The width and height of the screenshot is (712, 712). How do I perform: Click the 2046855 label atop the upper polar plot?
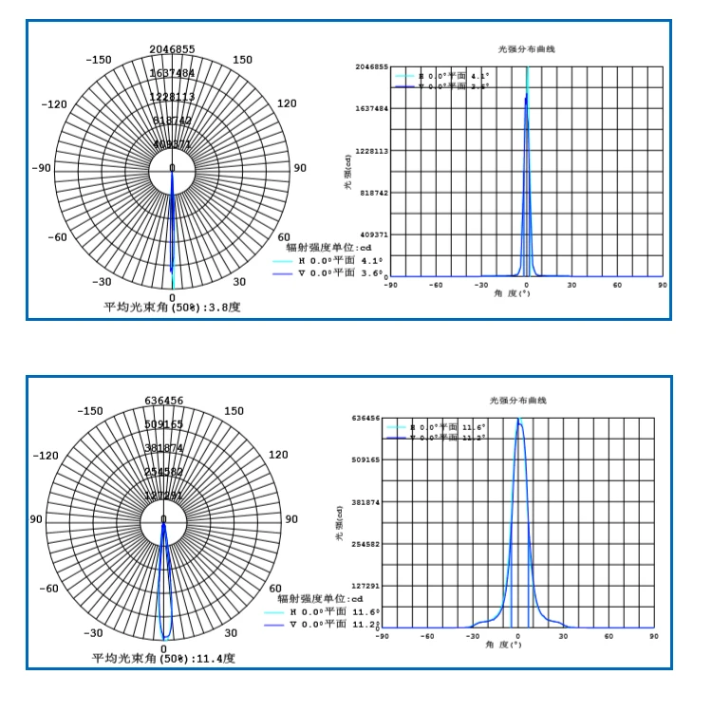pos(172,49)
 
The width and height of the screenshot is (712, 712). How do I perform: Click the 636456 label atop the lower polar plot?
pos(164,400)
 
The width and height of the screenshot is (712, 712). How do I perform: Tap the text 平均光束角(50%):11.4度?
pos(163,657)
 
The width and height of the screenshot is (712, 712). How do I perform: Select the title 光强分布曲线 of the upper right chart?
pos(527,48)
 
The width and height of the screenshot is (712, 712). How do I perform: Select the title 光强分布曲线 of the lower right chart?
pos(518,401)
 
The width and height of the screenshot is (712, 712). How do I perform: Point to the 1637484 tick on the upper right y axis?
pos(371,109)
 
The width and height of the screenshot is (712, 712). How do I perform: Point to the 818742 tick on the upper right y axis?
pos(374,193)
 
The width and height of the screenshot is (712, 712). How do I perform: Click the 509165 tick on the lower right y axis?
pos(365,459)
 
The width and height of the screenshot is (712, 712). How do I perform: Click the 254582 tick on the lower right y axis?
pos(365,544)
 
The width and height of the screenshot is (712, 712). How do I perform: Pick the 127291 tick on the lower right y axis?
pos(365,586)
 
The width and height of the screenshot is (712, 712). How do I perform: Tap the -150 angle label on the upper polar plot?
pos(99,60)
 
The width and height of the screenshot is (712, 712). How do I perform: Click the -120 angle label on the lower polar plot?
pos(46,456)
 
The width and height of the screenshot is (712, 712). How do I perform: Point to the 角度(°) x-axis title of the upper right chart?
pos(527,293)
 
